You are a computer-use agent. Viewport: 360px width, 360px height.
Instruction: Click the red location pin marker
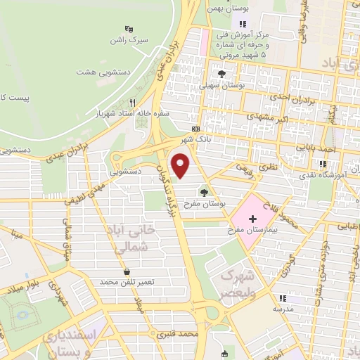(x=181, y=167)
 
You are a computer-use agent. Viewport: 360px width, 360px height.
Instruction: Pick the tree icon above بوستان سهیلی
(x=221, y=73)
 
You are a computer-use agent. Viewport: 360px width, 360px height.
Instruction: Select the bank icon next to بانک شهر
(x=195, y=129)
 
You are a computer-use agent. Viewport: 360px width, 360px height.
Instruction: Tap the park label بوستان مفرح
(x=205, y=202)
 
